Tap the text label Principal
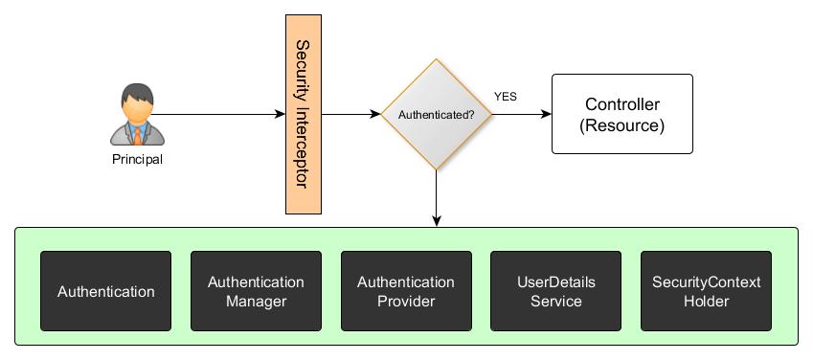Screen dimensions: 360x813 click(x=137, y=160)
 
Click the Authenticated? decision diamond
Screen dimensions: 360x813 click(x=436, y=115)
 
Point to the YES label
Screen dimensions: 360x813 click(x=505, y=97)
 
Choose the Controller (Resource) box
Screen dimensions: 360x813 click(x=621, y=115)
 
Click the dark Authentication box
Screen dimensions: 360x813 click(x=105, y=292)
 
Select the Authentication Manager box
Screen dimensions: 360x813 click(x=256, y=292)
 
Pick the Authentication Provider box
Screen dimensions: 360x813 click(x=406, y=292)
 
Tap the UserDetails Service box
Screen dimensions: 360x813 click(x=555, y=292)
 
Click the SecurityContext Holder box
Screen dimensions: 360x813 click(x=706, y=292)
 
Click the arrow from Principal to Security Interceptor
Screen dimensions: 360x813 click(x=215, y=115)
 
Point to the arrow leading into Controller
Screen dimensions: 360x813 click(x=522, y=115)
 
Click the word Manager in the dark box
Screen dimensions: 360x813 click(x=256, y=302)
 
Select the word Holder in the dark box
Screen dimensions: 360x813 click(x=706, y=302)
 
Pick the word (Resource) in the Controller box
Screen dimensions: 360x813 click(x=621, y=125)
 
